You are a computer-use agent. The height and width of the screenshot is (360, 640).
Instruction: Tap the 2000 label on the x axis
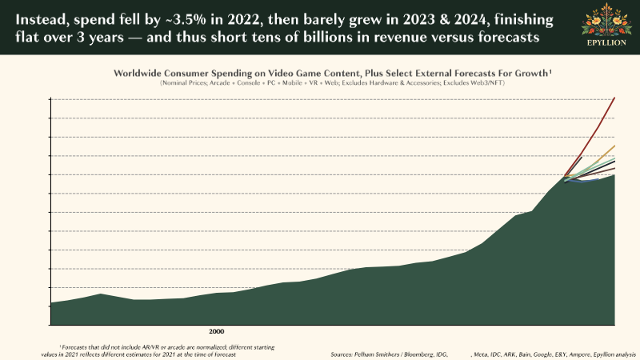pyautogui.click(x=216, y=330)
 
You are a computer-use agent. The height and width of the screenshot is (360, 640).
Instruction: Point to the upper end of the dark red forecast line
pyautogui.click(x=614, y=98)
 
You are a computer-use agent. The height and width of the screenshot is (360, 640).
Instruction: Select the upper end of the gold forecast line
pyautogui.click(x=614, y=146)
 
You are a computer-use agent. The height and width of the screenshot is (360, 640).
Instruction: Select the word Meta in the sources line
pyautogui.click(x=482, y=353)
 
